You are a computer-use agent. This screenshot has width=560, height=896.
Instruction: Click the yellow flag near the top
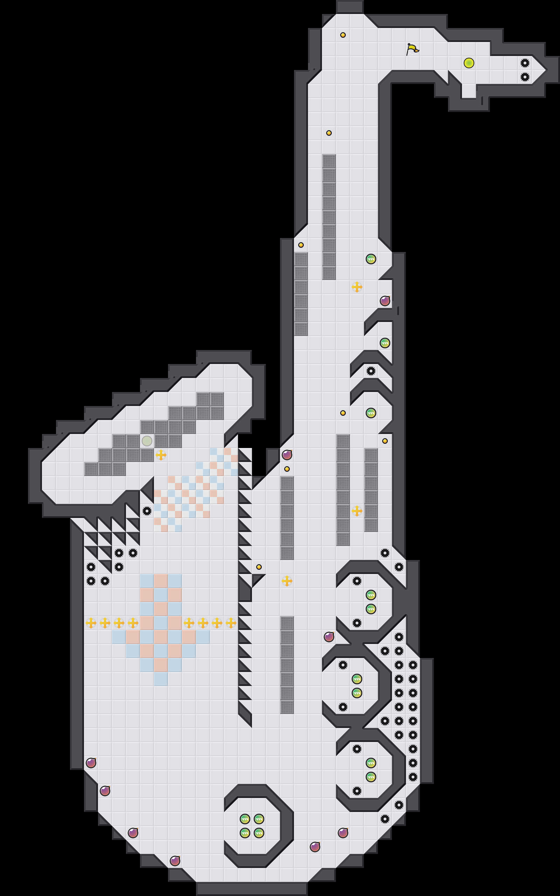click(x=412, y=49)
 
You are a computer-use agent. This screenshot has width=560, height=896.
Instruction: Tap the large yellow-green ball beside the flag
click(x=469, y=63)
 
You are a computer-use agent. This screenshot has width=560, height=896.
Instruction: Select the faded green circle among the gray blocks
click(x=147, y=441)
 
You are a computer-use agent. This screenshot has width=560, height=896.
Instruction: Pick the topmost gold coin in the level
click(x=343, y=35)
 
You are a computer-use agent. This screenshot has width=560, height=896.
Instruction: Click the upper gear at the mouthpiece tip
click(x=525, y=63)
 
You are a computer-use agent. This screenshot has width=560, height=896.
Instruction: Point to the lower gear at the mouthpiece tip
click(x=525, y=77)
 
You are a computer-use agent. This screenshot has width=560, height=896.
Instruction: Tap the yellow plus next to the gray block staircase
click(x=161, y=455)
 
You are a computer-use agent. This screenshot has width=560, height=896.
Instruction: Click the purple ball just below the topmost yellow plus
click(x=385, y=301)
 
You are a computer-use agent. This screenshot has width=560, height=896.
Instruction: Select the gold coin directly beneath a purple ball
click(x=287, y=469)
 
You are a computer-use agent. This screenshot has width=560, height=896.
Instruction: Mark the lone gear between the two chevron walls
click(x=371, y=371)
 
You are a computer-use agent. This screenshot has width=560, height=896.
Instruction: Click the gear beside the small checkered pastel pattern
click(x=147, y=511)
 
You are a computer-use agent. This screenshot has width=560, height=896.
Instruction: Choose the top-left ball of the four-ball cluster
click(x=245, y=819)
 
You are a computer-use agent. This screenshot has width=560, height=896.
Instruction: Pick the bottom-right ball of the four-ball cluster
click(x=259, y=833)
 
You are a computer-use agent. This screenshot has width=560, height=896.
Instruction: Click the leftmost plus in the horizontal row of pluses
click(x=91, y=623)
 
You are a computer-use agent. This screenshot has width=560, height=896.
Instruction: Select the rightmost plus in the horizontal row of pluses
click(x=231, y=623)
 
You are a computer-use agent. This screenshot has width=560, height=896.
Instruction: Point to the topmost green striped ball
click(x=371, y=259)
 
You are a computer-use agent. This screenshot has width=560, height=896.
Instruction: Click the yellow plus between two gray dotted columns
click(x=357, y=511)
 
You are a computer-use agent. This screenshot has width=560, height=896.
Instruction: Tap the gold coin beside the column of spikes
click(x=259, y=567)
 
